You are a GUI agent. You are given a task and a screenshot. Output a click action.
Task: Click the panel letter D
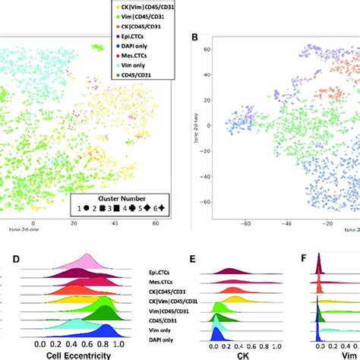pyautogui.click(x=16, y=260)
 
